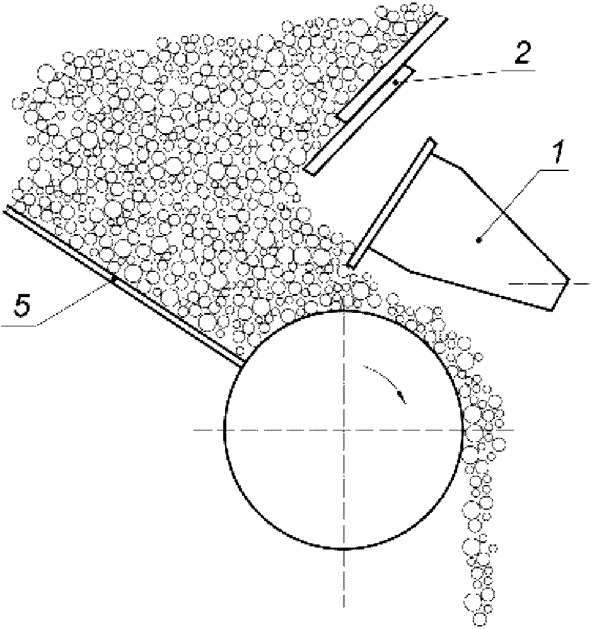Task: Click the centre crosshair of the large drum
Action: click(x=344, y=430)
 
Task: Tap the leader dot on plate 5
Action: click(x=113, y=278)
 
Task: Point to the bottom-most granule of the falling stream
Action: click(x=482, y=617)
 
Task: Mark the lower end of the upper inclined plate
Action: click(x=309, y=169)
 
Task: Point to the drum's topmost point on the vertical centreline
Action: click(x=344, y=311)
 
